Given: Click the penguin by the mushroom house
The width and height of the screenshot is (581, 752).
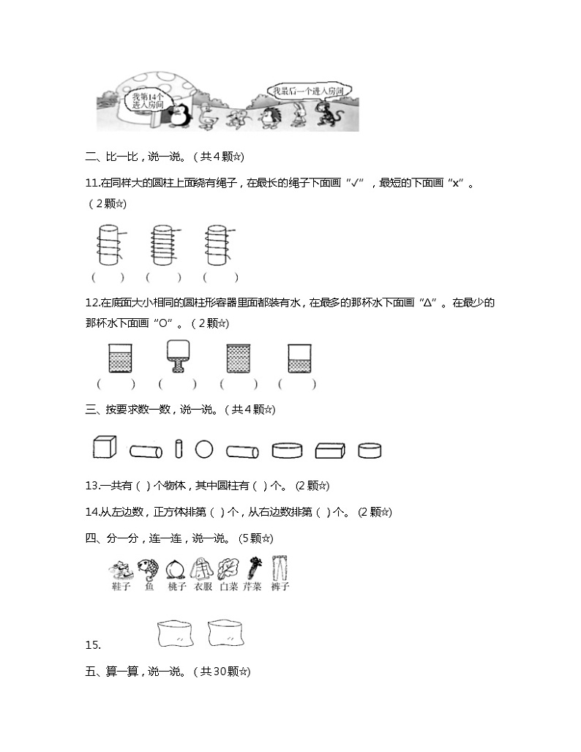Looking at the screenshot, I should point(178,116).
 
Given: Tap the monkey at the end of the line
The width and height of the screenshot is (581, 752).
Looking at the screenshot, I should point(321,114).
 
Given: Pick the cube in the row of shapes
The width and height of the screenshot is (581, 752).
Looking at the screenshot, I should point(105,447).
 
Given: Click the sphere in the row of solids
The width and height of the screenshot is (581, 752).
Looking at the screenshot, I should point(204,448).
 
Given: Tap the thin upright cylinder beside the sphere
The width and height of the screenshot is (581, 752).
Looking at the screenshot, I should point(179,448).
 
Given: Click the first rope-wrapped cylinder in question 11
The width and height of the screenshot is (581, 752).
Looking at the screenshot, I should point(108,244).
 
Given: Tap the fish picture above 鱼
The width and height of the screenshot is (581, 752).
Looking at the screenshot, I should point(148,568).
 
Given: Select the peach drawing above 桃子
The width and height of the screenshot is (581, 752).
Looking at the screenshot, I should point(174,568).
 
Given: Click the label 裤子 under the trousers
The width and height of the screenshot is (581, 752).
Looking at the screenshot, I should point(279,586).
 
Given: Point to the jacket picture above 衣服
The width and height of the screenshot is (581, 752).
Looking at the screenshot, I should point(200,568).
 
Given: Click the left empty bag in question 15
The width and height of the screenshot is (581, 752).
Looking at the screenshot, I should point(176,633).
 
